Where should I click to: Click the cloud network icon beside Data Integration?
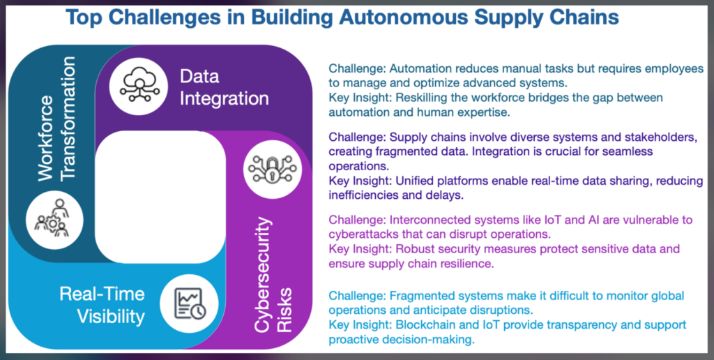click(x=139, y=85)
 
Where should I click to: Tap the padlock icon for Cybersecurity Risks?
click(x=273, y=169)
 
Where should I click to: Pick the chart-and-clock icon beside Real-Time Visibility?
click(x=190, y=303)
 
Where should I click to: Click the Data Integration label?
click(x=224, y=87)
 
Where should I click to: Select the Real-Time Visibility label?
click(x=102, y=306)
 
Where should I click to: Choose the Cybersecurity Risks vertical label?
click(x=273, y=275)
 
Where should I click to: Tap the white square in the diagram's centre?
click(x=160, y=197)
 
